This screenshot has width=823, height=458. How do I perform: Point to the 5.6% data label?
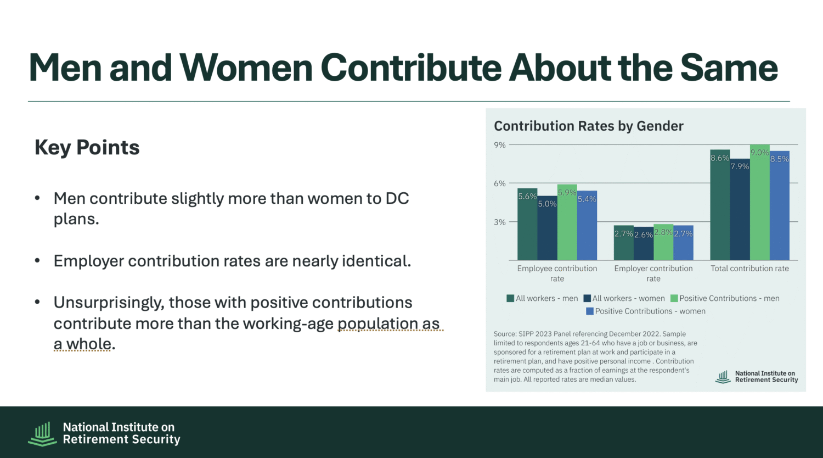[x=527, y=197]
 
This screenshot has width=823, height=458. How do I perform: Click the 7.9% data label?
[x=740, y=166]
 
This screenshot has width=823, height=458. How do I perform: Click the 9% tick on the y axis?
[x=500, y=145]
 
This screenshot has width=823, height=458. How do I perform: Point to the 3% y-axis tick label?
[x=500, y=222]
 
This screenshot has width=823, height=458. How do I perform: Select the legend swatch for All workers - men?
[x=510, y=299]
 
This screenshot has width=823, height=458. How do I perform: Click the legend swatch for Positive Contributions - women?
[x=590, y=311]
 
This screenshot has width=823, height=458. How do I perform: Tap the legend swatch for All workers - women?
[x=587, y=299]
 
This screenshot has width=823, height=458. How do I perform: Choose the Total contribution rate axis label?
[x=749, y=269]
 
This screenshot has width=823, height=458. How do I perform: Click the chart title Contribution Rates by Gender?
[x=589, y=126]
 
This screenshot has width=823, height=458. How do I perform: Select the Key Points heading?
[x=87, y=147]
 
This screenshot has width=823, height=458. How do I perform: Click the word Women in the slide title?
[x=246, y=68]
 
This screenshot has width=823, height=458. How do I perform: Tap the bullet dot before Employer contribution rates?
[x=37, y=260]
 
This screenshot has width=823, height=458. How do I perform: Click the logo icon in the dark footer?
[x=42, y=433]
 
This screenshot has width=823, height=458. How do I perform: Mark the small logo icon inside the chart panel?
[x=723, y=377]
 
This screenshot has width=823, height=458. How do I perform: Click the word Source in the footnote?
[x=505, y=334]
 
